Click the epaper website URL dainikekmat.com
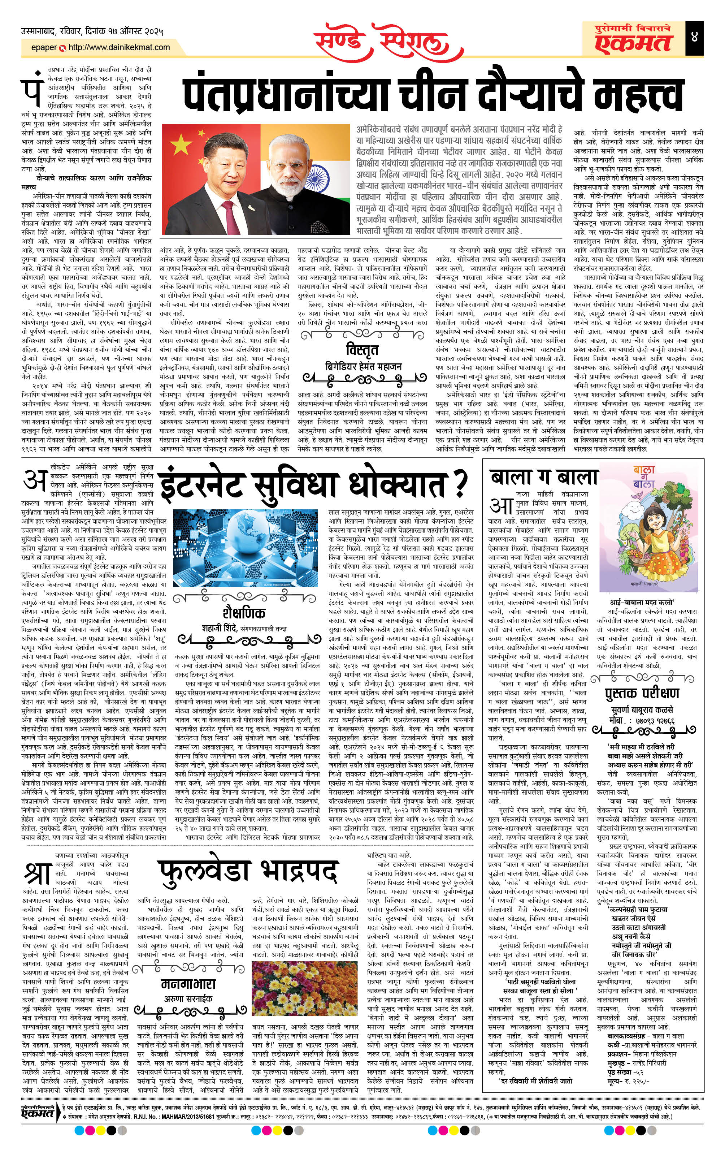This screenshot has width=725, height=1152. click(119, 47)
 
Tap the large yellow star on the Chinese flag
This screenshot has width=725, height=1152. click(181, 143)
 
